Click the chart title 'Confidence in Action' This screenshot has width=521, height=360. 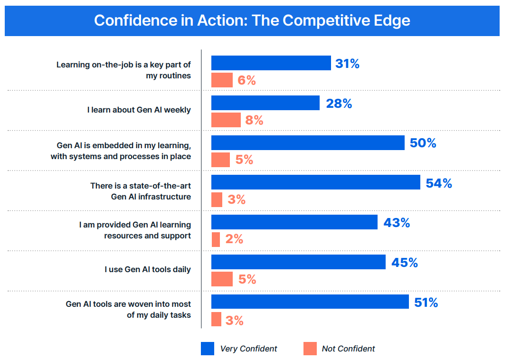tap(252, 21)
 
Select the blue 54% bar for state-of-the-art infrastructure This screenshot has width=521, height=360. tap(315, 182)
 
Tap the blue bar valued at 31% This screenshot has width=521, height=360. tap(271, 63)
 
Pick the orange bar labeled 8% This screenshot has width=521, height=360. tap(226, 120)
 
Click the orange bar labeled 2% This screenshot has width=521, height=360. tap(216, 239)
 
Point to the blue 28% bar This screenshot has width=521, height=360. tap(265, 103)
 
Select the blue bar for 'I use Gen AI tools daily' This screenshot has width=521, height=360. tap(298, 262)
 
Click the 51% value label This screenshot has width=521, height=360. tap(426, 303)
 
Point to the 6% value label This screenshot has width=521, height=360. tap(247, 81)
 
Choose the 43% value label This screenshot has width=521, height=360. tap(397, 223)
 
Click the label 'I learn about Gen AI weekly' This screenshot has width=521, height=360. tap(139, 110)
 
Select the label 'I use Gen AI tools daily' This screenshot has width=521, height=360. tap(148, 269)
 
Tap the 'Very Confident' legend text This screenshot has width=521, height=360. tap(248, 349)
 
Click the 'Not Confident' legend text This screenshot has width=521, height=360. tap(348, 349)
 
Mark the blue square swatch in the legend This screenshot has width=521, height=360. tap(208, 349)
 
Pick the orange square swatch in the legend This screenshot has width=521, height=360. tap(310, 349)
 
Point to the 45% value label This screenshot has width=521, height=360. tap(405, 263)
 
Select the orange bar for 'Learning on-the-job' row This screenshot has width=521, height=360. tap(222, 80)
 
